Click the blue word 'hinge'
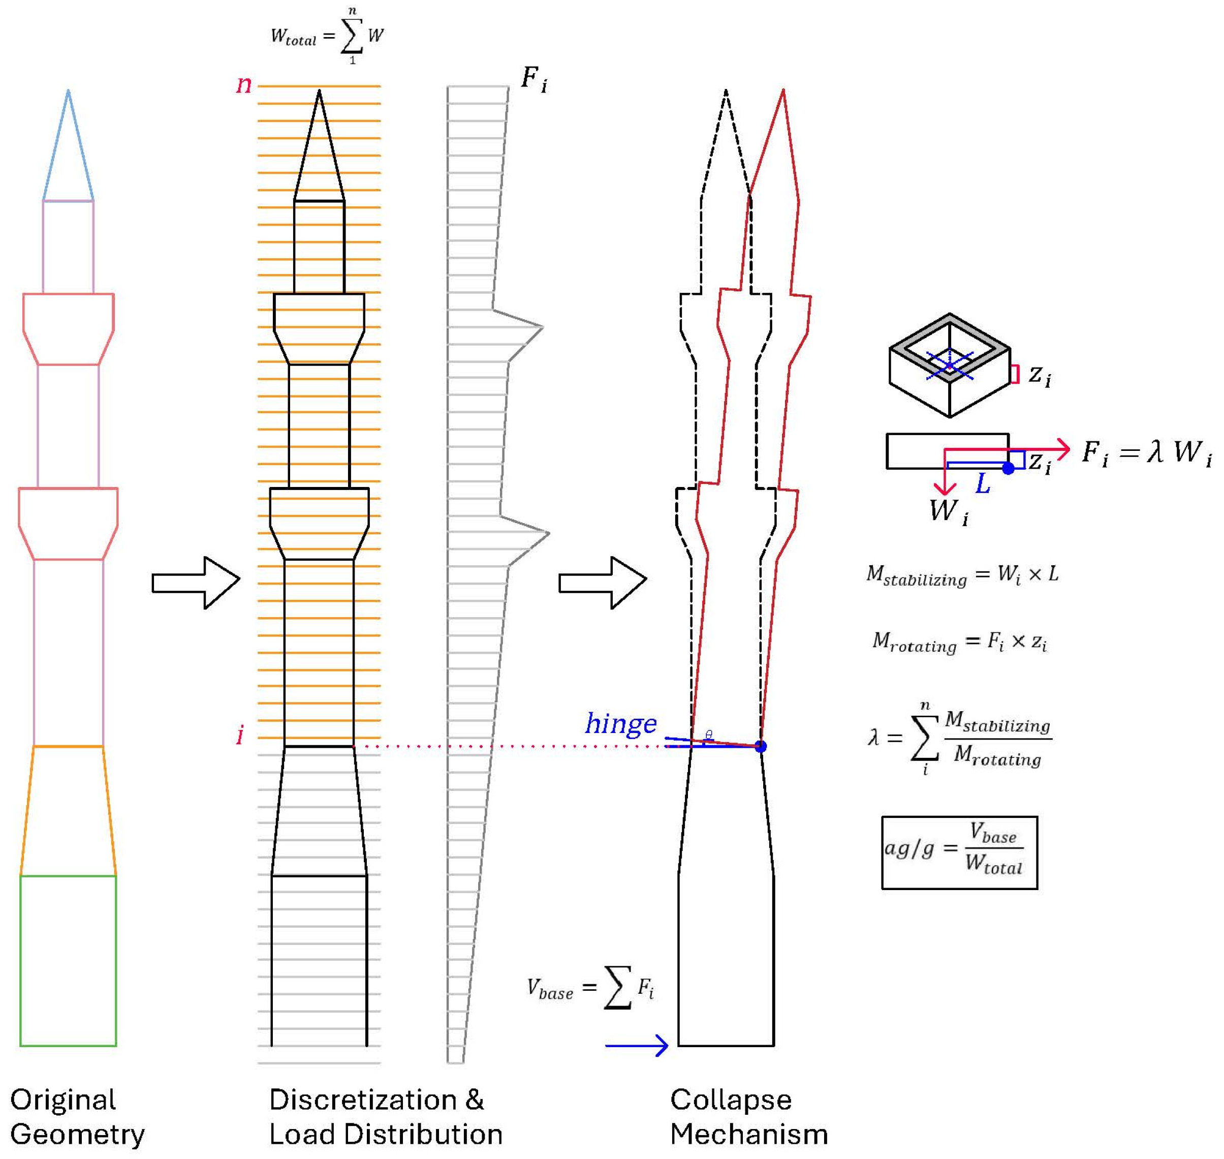(x=621, y=723)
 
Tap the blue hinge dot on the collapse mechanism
(x=760, y=746)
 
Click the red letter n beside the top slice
(x=244, y=85)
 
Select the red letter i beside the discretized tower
(x=240, y=735)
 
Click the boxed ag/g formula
(x=959, y=852)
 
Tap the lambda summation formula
(x=960, y=738)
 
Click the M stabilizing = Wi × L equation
(x=962, y=575)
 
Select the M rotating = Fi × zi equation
(x=959, y=643)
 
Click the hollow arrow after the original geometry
(x=196, y=583)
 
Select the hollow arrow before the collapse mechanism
(x=603, y=583)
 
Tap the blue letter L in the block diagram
(x=983, y=483)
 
